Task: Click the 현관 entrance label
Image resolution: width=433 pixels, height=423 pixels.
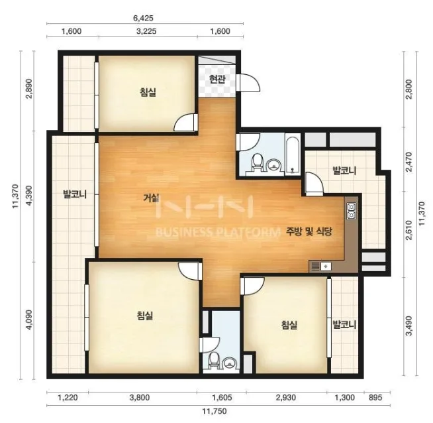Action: tap(217, 80)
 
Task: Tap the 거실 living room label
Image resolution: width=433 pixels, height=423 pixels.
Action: tap(151, 198)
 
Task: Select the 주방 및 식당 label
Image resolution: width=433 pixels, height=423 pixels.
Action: tap(309, 231)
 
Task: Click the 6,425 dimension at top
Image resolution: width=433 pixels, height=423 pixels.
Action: tap(143, 19)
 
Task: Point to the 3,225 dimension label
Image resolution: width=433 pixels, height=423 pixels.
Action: tap(146, 31)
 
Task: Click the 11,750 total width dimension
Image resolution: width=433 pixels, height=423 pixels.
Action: tap(215, 411)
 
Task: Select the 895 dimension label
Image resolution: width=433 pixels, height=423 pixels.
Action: tap(375, 398)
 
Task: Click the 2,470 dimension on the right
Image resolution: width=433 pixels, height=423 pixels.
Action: tap(409, 162)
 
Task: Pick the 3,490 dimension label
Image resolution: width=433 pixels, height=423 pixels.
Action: tap(409, 326)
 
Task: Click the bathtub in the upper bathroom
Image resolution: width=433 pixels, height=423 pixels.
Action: tap(293, 154)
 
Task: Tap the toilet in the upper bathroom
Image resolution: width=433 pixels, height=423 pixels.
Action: tap(258, 162)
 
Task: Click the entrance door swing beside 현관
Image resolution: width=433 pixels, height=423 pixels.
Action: tap(248, 82)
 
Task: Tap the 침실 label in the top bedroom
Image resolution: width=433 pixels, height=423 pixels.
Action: tap(148, 92)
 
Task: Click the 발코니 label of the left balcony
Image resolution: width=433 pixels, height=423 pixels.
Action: tap(75, 194)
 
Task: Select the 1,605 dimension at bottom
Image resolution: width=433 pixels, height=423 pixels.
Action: tap(222, 398)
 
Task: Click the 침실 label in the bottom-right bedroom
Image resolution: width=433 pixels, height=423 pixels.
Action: tap(289, 325)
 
